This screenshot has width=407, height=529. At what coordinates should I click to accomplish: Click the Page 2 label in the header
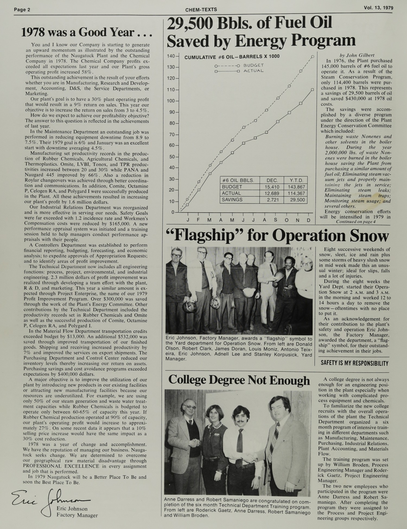click(x=22, y=10)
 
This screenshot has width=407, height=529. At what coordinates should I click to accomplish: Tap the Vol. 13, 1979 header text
click(x=378, y=8)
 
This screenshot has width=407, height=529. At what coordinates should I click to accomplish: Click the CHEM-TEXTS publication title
click(x=201, y=10)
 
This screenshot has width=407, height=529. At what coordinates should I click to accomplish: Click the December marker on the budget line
click(x=313, y=56)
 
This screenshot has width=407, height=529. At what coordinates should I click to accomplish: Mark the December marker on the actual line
click(x=312, y=90)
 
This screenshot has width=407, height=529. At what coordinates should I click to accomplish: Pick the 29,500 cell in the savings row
click(x=296, y=200)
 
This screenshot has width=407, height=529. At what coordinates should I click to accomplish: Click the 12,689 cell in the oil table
click(x=272, y=193)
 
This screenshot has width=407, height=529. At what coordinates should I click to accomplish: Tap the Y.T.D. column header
click(x=296, y=180)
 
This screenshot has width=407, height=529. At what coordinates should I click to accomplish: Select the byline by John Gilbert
click(x=357, y=55)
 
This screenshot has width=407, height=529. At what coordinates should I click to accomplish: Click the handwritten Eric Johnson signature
click(x=49, y=499)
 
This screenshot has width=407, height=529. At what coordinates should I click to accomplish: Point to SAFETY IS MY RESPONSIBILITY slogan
click(x=354, y=363)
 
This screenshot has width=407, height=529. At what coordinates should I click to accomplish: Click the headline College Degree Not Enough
click(x=239, y=380)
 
